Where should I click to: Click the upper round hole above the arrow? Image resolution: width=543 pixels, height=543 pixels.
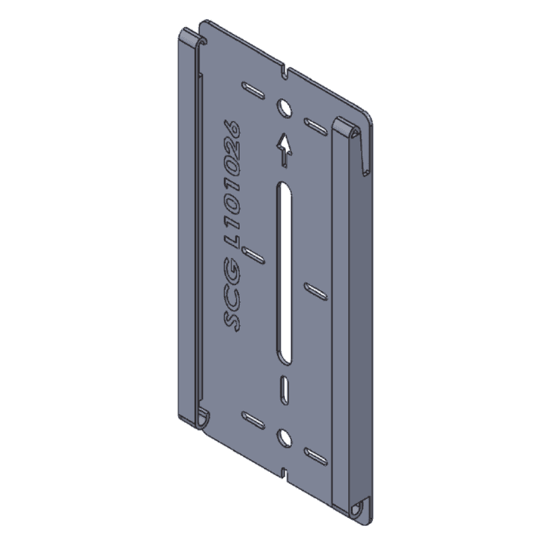click(284, 108)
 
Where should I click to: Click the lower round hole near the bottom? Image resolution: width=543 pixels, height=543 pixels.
click(284, 437)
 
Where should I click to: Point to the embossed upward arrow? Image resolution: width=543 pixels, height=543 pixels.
click(284, 151)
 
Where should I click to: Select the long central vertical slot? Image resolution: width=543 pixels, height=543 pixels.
click(284, 273)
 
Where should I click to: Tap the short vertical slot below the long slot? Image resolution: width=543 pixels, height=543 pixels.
click(284, 390)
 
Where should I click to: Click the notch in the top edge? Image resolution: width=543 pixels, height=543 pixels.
click(284, 73)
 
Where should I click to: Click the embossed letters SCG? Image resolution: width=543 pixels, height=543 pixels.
click(231, 295)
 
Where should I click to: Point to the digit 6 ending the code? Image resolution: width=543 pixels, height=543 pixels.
click(231, 128)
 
